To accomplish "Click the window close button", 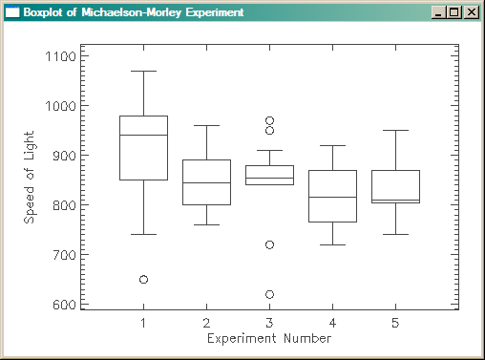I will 471,12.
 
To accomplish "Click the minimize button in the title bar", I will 438,12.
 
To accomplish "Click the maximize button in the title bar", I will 454,12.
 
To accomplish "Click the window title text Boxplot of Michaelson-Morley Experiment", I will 133,12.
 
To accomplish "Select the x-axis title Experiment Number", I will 269,338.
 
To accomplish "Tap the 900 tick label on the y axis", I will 63,156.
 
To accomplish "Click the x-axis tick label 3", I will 269,323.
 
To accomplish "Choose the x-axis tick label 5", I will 395,323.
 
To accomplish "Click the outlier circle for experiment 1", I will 143,280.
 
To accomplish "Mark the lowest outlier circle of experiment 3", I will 269,294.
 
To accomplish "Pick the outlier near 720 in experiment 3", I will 269,244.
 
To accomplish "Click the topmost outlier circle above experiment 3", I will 269,121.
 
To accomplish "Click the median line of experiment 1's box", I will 143,136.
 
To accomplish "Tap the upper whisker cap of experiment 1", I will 143,71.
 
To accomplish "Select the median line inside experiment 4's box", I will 332,197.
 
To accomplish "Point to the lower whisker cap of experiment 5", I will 395,234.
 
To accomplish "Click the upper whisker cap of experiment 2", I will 206,125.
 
